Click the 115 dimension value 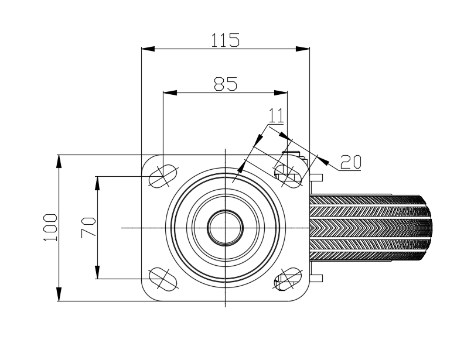225,40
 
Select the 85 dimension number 226,84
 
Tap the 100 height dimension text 50,228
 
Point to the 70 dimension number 88,228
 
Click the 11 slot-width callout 276,115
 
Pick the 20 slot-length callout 351,162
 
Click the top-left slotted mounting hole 163,176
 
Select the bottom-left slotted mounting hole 163,279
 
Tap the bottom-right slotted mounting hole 288,279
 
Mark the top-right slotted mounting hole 288,176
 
